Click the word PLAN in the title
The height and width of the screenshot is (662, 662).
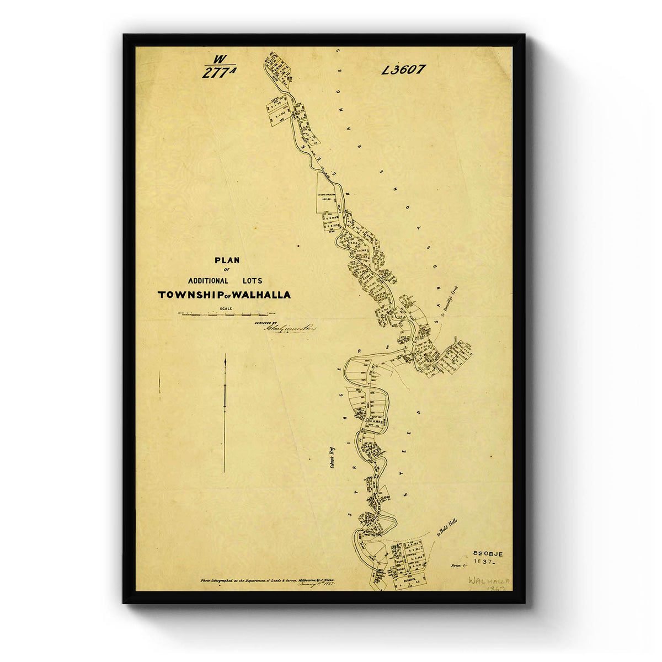(227, 260)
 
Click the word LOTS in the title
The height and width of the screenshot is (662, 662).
(252, 281)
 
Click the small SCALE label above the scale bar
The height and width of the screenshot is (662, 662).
(226, 308)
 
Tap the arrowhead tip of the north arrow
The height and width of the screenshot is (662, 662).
(225, 356)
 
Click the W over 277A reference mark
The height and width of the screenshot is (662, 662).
(219, 67)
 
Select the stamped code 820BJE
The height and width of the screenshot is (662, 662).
(488, 553)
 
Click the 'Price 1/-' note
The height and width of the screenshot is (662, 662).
(458, 566)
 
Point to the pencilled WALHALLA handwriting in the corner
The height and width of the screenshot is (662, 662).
(489, 581)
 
